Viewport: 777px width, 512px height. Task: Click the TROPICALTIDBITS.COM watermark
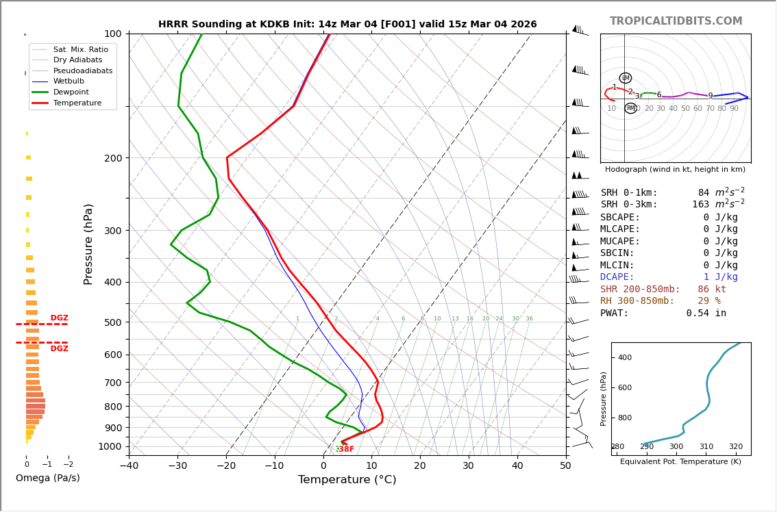pyautogui.click(x=676, y=21)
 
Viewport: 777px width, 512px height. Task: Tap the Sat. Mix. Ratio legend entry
pyautogui.click(x=80, y=50)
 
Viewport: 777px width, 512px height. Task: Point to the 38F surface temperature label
pyautogui.click(x=346, y=449)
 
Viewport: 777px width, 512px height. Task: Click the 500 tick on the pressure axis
pyautogui.click(x=112, y=322)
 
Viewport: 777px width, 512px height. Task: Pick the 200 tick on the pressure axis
pyautogui.click(x=112, y=158)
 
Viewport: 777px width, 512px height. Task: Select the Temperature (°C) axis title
pyautogui.click(x=347, y=480)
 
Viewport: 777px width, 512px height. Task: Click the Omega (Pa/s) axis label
pyautogui.click(x=48, y=478)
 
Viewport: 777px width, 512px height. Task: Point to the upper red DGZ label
pyautogui.click(x=60, y=318)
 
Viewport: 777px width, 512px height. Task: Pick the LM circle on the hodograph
pyautogui.click(x=626, y=78)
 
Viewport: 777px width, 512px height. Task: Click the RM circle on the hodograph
pyautogui.click(x=630, y=108)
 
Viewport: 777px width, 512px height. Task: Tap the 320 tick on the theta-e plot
pyautogui.click(x=735, y=447)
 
